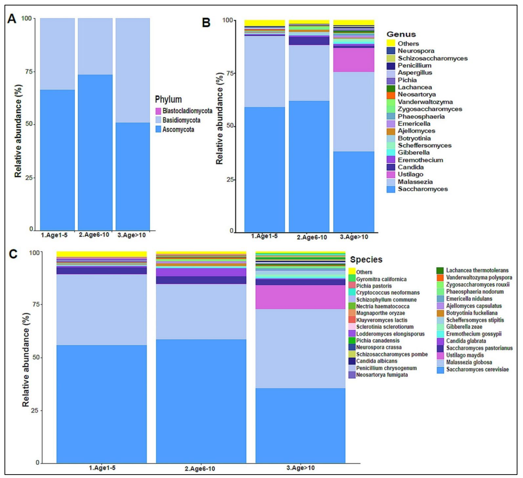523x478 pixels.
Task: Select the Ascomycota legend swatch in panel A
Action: [158, 129]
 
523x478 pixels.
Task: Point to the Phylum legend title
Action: [168, 99]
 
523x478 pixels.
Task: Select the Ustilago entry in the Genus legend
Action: [410, 174]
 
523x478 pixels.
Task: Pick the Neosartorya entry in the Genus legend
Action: [416, 94]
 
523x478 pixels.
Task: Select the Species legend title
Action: [366, 260]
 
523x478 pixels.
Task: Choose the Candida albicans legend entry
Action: [376, 361]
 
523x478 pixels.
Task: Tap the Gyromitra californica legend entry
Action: [381, 279]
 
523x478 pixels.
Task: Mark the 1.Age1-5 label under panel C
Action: [102, 468]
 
